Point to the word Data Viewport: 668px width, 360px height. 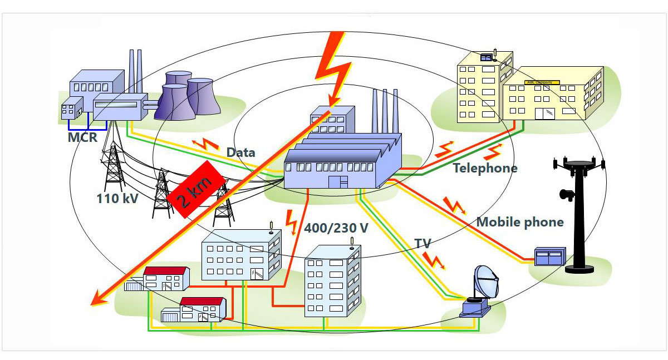[240, 152]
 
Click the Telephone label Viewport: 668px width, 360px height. [485, 168]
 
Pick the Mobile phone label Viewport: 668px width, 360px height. [520, 223]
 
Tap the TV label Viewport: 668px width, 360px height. [423, 244]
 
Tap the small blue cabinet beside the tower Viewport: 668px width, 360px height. [549, 257]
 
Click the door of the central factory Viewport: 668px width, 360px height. [338, 182]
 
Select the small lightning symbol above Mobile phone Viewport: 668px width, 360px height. [454, 205]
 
